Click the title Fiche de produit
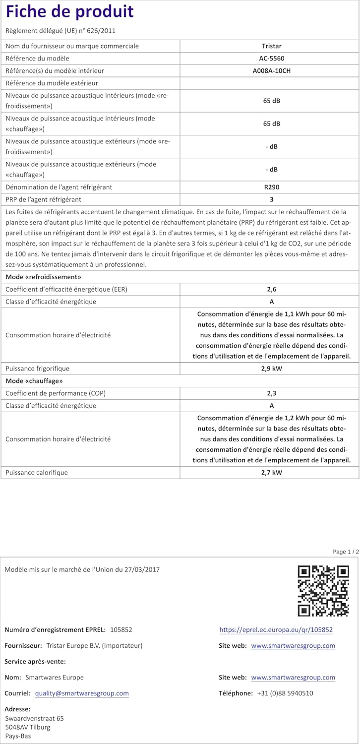70,12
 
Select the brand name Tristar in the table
271,46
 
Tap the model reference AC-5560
271,59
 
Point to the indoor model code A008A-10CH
271,71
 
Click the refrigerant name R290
271,187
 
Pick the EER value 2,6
271,289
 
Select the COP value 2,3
271,393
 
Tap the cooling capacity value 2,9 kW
271,369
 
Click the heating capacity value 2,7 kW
271,473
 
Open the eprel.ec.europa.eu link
276,630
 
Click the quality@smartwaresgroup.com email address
82,693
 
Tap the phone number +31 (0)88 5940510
285,693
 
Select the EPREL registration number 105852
121,630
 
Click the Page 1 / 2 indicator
346,552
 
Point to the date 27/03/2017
144,570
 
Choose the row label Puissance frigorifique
37,369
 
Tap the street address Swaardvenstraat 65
34,718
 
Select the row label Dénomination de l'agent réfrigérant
59,187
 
